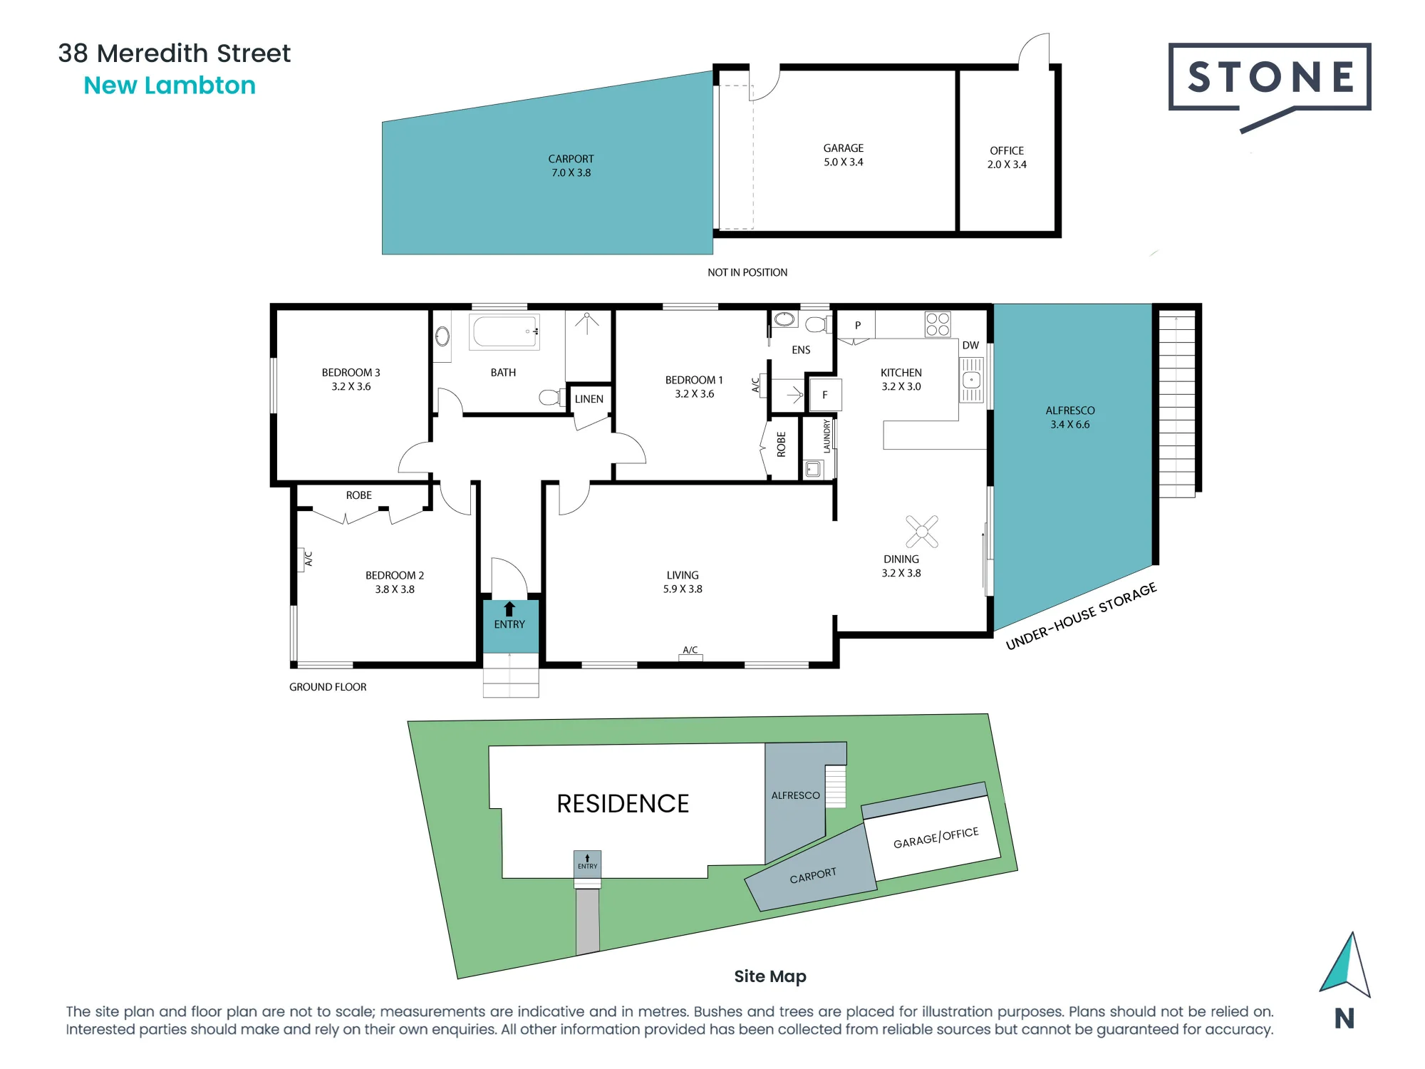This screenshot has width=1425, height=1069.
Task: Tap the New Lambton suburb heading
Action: (170, 86)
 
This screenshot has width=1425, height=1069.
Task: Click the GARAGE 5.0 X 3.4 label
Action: (844, 155)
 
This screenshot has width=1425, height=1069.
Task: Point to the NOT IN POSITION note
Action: (747, 272)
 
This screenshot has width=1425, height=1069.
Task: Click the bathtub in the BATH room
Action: (504, 331)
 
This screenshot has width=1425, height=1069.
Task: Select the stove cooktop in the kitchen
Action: (938, 324)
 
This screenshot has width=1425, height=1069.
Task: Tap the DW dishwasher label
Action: (970, 345)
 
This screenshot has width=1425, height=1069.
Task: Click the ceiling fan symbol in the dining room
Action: (922, 531)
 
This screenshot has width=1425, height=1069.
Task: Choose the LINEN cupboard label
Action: (589, 399)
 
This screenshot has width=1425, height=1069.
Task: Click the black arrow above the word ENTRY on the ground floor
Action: (509, 609)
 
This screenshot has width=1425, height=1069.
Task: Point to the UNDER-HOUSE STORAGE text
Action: (1081, 616)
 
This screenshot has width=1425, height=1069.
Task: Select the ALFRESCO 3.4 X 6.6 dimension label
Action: (1070, 417)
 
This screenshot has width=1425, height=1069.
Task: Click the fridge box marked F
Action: (825, 395)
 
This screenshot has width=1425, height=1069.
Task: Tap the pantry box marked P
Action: (857, 325)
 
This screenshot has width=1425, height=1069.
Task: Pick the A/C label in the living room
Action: (690, 650)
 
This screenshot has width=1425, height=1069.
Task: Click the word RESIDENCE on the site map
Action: (623, 804)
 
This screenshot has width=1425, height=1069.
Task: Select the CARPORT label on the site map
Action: (813, 875)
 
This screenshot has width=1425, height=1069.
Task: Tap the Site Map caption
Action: (770, 976)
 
